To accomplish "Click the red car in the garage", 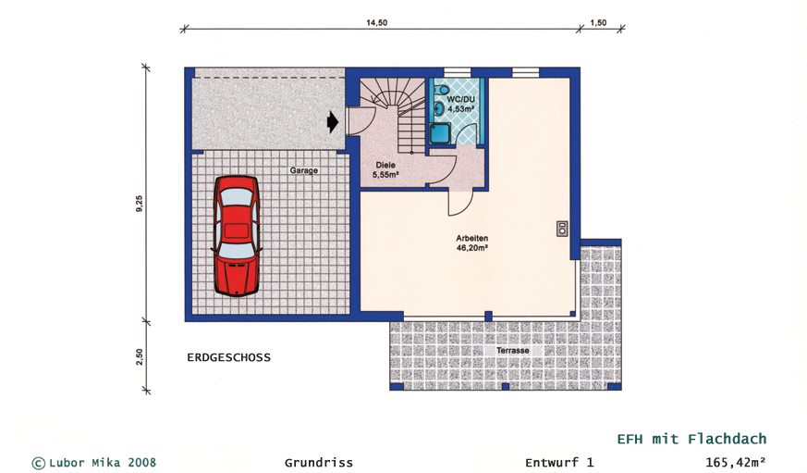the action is pos(237,236).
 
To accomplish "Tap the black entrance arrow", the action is pos(333,122).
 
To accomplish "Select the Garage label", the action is pos(303,170).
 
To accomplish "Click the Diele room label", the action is pos(385,170).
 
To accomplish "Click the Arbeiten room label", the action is pos(472,243).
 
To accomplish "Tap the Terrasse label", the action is pos(513,351).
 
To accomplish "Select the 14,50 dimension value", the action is pos(377,22).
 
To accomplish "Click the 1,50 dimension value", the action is pos(598,22).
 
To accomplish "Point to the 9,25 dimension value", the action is pos(140,204).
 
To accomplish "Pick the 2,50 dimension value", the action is pos(140,357).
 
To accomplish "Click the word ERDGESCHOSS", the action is pos(228,357).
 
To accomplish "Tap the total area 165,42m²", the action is pos(735,462).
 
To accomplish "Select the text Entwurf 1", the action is pos(559,463).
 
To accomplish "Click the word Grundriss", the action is pos(319,463).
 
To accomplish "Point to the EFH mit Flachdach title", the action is pos(691,439).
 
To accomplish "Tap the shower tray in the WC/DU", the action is pos(441,133).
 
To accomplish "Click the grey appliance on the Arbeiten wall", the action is pos(562,229).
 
